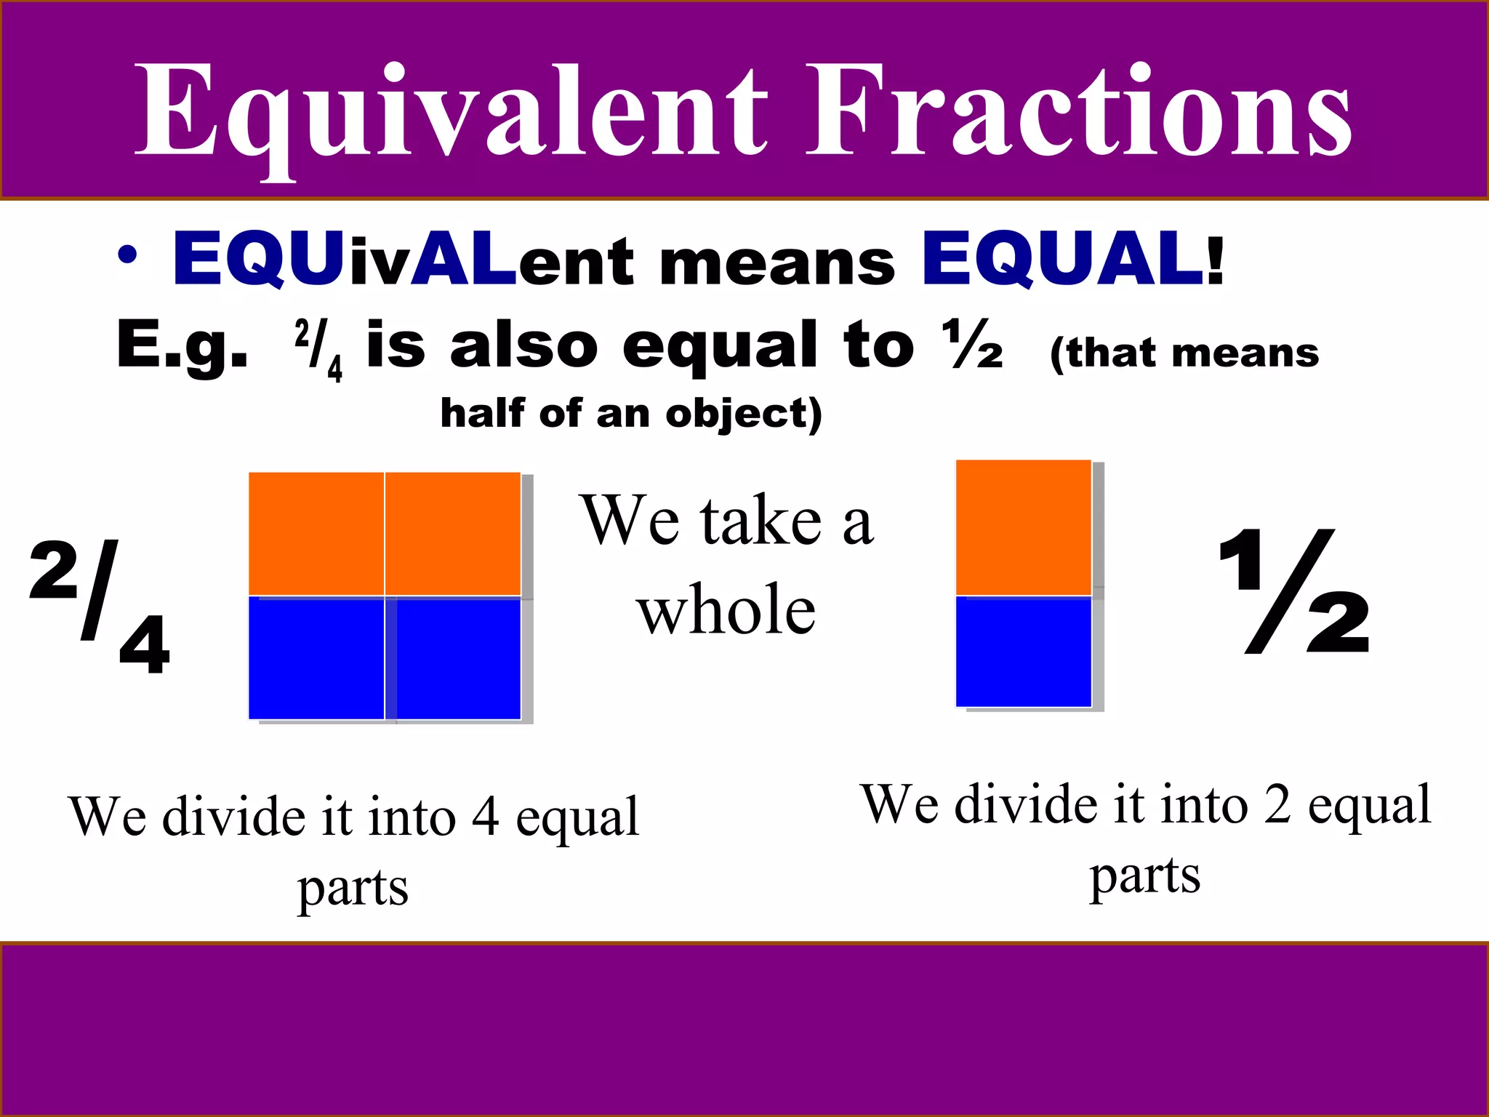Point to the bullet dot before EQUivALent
point(127,255)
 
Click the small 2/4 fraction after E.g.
point(318,350)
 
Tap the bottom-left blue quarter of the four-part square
point(316,658)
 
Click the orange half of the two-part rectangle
point(1023,527)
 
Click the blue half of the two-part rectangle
point(1023,651)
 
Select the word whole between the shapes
point(726,609)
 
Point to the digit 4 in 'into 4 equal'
point(486,817)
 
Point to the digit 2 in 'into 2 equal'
point(1277,804)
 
